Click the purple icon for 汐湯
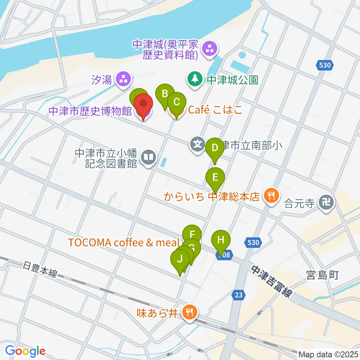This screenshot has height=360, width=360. [123, 79]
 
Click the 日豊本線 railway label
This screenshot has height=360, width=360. [39, 269]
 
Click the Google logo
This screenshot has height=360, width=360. [25, 351]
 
